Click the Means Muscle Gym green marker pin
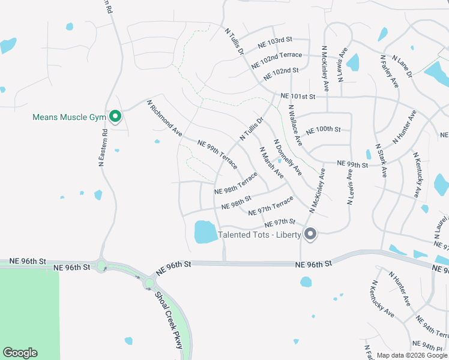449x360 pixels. coord(115,116)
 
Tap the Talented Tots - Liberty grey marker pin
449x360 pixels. coord(310,234)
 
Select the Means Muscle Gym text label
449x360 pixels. coord(69,117)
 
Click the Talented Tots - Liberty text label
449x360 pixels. coord(259,235)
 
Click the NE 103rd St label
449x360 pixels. coord(274,43)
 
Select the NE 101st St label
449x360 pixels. coord(298,96)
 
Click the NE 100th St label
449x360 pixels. coord(323,130)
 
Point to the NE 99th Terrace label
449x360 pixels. coord(217,151)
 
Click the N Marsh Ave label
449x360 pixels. coord(271,163)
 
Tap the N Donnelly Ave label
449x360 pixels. coord(288,158)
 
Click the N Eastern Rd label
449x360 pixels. coord(103,147)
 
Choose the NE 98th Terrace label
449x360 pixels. coord(236,184)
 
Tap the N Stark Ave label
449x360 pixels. coord(381,160)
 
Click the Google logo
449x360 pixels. coord(20,353)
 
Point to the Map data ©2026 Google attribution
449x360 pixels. coord(412,355)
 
